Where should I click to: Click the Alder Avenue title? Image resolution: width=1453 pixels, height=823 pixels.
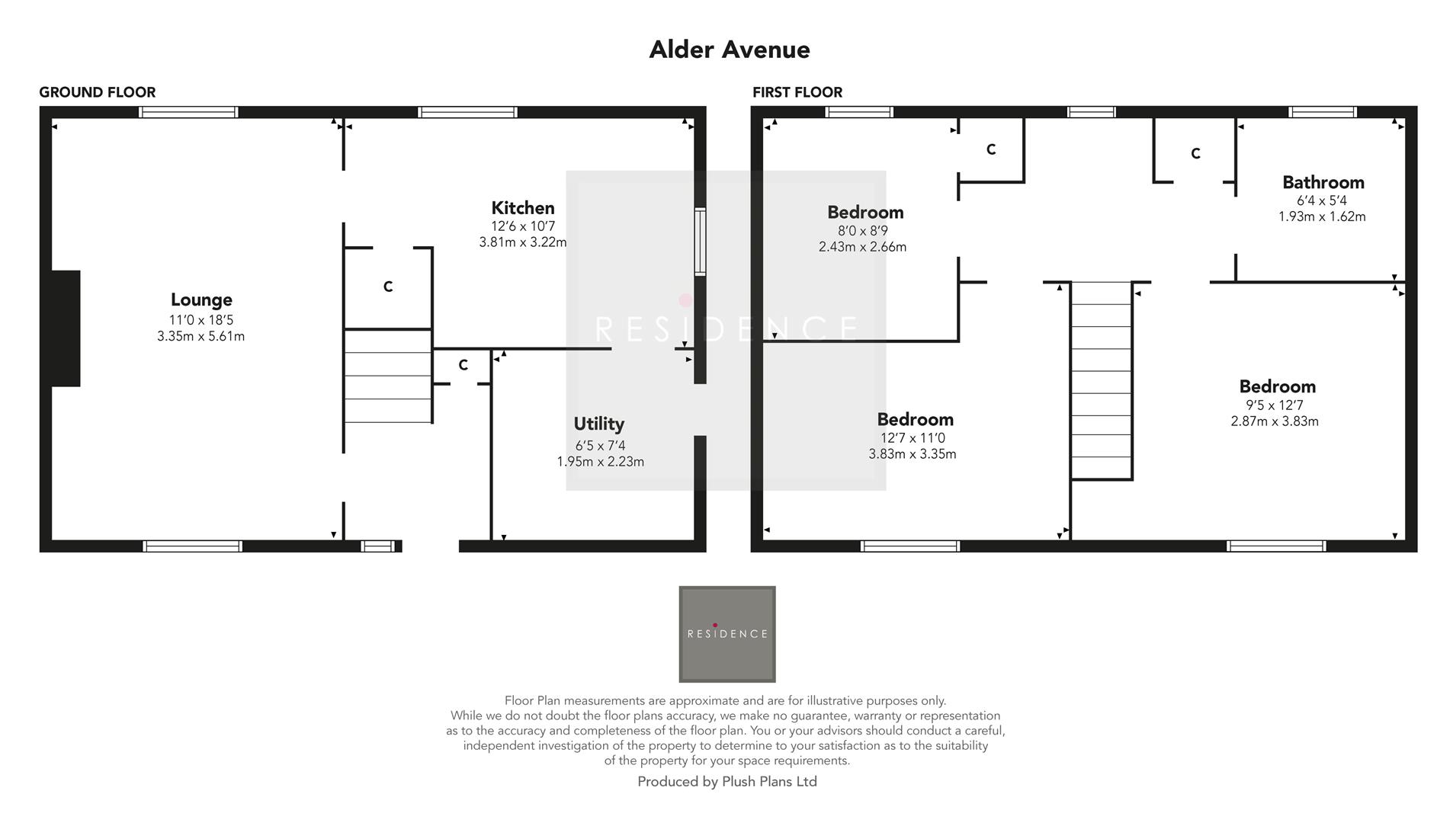(729, 50)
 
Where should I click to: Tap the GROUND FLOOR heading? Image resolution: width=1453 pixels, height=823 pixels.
(97, 92)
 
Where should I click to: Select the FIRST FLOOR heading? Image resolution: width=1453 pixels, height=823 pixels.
(797, 92)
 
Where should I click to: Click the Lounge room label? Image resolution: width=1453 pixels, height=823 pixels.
(201, 299)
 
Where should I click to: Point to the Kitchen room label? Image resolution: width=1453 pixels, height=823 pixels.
(522, 207)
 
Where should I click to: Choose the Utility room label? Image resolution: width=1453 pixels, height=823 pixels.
(598, 424)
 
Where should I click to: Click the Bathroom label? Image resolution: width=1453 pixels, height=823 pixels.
(1323, 182)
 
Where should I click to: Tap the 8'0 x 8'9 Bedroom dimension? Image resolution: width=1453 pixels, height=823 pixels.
(863, 231)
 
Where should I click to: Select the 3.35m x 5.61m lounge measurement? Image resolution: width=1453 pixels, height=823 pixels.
(200, 336)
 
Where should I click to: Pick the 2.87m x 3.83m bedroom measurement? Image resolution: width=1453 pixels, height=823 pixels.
(1274, 421)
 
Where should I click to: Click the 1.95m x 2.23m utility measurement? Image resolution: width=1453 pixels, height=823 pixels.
(600, 462)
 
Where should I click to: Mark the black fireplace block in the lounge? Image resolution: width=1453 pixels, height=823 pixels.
(66, 328)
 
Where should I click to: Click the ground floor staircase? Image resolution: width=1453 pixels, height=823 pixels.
(388, 376)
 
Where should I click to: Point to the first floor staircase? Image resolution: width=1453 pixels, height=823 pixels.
(1101, 380)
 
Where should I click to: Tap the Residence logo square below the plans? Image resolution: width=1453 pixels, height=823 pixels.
(726, 634)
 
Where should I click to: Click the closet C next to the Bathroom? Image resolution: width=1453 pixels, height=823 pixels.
(1195, 154)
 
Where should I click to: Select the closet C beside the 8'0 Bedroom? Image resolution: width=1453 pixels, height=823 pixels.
(991, 150)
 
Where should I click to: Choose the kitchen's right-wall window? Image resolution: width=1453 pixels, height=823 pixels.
(699, 241)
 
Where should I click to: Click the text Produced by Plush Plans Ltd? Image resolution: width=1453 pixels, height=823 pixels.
(726, 782)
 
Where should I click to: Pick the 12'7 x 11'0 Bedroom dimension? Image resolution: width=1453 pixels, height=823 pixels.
(913, 438)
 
